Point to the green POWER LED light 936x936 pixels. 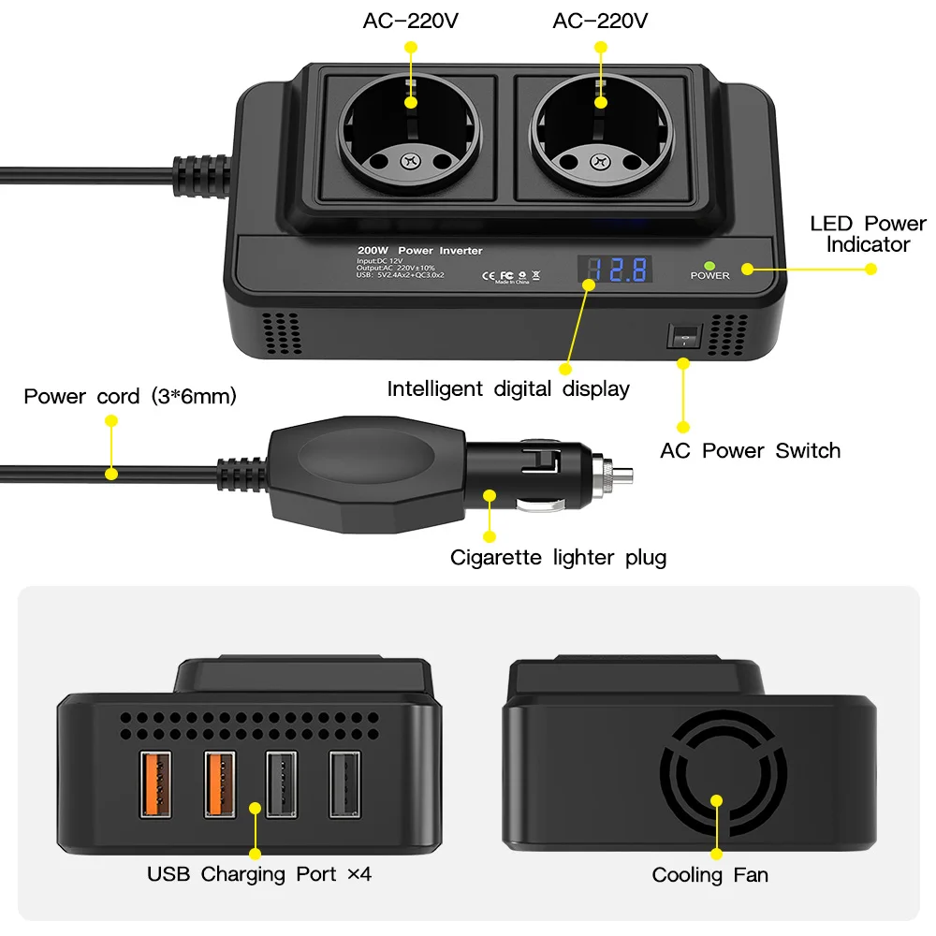click(709, 265)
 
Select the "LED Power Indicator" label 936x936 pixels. click(867, 234)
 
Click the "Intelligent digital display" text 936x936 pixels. click(508, 388)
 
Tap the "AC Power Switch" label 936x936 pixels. click(750, 450)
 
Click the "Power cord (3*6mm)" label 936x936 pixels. click(130, 396)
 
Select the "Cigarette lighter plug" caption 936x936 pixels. click(558, 558)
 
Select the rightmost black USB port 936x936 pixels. click(344, 783)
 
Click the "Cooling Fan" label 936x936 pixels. click(709, 875)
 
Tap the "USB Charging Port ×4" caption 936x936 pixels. click(259, 874)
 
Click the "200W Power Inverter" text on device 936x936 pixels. click(419, 251)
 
